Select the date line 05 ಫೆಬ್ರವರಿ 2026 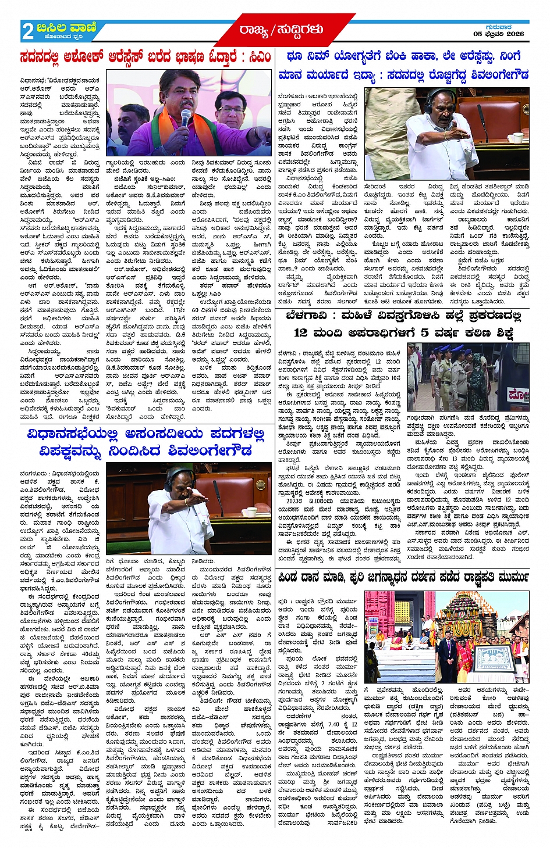(498, 34)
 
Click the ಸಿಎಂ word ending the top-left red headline (259, 58)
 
